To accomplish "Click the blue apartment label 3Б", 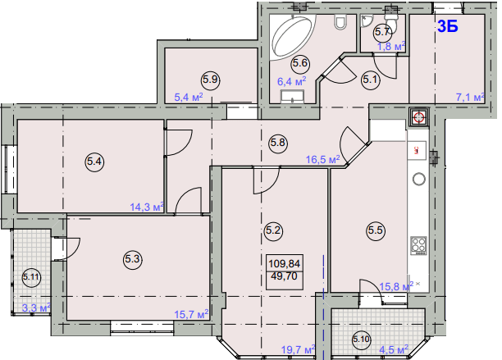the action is [448, 26].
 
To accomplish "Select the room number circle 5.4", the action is [95, 162].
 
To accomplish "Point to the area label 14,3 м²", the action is [147, 207].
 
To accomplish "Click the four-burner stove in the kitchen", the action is [419, 246].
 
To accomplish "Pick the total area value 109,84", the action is [285, 264].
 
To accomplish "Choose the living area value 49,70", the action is [285, 276].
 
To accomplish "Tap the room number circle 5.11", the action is [31, 277].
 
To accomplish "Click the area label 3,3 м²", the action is [36, 308].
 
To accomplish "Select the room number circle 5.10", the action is [362, 339].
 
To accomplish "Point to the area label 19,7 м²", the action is [298, 349].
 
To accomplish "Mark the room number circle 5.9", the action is [211, 79].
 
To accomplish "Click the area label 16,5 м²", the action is [322, 159].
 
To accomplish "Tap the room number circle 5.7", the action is [382, 32].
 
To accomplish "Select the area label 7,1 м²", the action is [470, 97].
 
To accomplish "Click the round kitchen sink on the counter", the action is [419, 179].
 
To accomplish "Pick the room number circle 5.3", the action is [133, 259].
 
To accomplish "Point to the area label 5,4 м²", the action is [189, 97].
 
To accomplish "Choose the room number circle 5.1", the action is [371, 79].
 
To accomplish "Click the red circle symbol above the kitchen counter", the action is [418, 118].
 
